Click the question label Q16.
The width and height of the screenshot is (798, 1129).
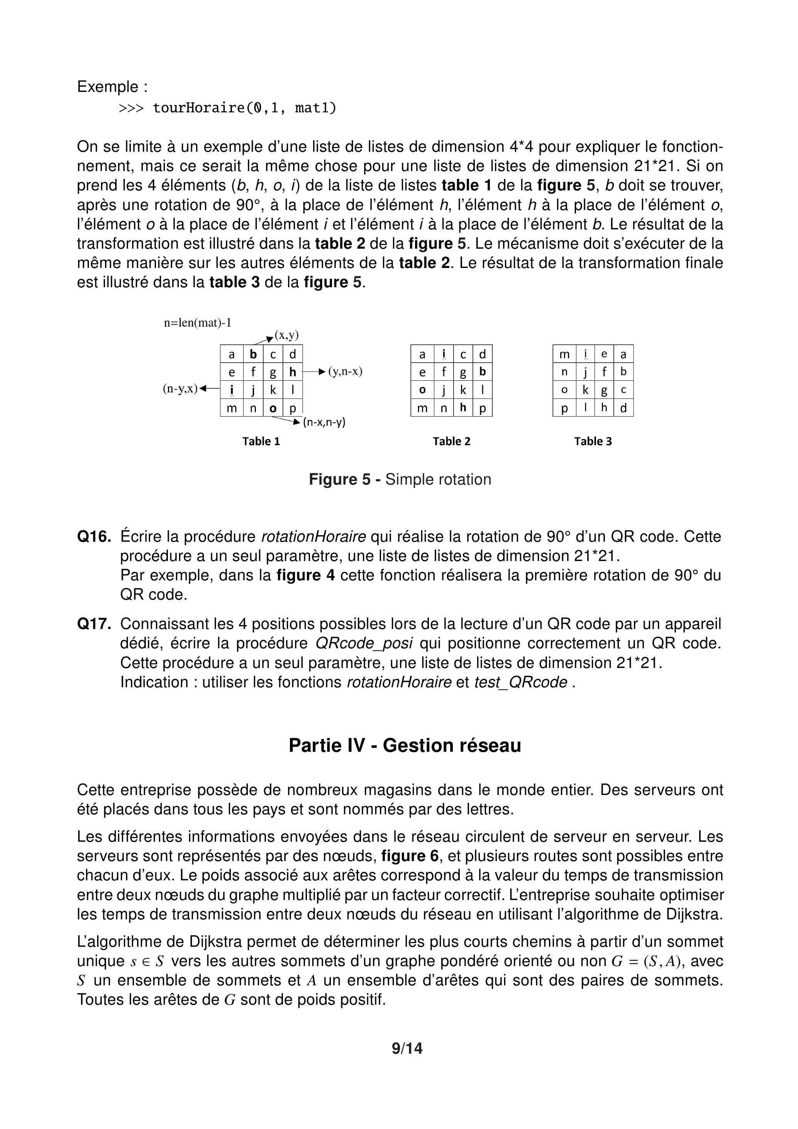94,536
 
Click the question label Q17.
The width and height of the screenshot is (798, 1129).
94,624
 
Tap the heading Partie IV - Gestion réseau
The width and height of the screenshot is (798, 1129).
405,746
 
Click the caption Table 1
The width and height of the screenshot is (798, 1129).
261,442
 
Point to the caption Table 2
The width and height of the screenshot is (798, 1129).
451,442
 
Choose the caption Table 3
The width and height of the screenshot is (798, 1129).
593,442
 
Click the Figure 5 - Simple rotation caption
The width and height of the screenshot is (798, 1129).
400,480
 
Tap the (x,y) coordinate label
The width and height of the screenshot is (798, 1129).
286,336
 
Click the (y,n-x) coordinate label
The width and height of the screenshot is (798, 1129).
345,371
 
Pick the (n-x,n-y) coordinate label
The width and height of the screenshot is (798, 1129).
324,422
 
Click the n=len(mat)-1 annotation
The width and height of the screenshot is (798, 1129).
198,323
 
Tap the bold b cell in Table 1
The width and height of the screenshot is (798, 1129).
253,354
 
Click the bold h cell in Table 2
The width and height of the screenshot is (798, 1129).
463,408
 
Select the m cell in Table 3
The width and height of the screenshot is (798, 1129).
564,354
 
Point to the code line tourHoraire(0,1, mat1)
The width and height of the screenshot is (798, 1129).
244,108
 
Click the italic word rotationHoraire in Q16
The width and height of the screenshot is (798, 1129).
314,536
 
